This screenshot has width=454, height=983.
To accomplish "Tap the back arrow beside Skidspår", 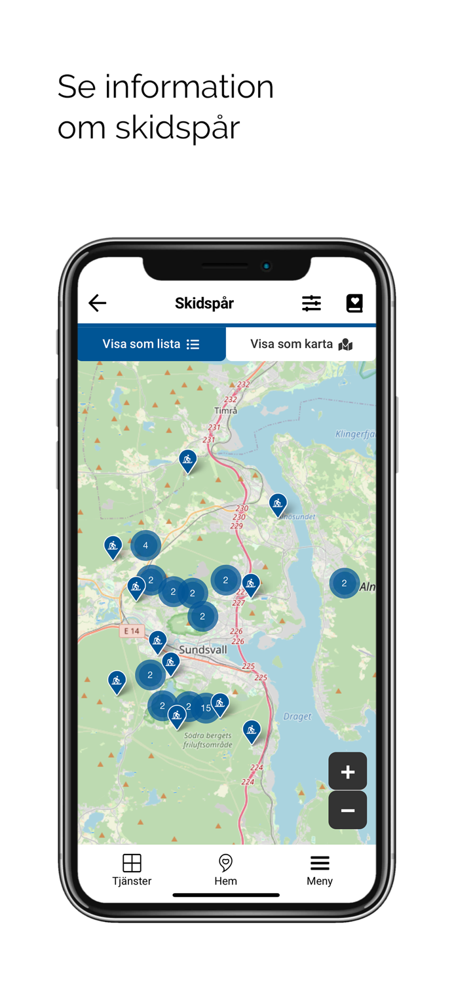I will click(98, 303).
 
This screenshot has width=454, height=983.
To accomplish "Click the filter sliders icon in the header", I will click(311, 303).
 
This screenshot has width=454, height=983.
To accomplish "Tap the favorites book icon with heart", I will click(354, 303).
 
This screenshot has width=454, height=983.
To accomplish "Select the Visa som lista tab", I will click(151, 344).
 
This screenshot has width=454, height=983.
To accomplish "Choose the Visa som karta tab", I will click(301, 344).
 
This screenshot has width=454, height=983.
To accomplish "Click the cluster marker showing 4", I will click(145, 545).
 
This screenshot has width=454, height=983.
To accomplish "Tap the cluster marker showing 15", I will click(206, 708).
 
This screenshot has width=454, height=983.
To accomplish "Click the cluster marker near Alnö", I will click(344, 583).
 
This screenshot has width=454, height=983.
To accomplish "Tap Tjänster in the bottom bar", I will click(132, 870).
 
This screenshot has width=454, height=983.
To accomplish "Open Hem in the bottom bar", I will click(225, 870).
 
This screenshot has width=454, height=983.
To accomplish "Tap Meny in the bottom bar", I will click(320, 870).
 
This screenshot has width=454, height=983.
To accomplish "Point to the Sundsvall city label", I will click(203, 650).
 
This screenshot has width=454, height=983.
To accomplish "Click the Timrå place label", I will click(225, 411).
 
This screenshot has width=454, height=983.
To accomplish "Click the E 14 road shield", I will click(132, 631).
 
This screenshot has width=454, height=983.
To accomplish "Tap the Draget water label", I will click(297, 716).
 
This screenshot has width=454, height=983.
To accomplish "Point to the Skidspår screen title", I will click(204, 303).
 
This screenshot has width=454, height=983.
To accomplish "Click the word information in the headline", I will click(189, 87).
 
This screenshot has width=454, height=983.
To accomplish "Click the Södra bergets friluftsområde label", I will click(208, 741).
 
